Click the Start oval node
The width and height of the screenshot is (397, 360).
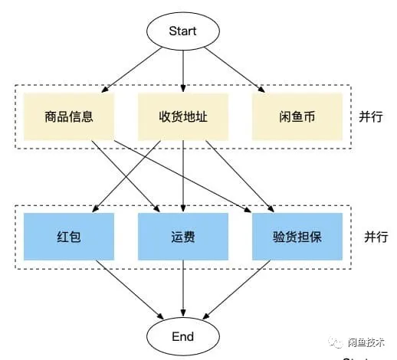183,31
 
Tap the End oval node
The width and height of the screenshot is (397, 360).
183,336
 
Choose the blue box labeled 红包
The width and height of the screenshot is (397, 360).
69,237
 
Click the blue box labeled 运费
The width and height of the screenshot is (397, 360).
183,237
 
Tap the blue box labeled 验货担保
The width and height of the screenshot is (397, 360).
297,237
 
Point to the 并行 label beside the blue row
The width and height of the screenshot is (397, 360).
372,237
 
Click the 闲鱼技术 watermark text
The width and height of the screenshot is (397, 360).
372,342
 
